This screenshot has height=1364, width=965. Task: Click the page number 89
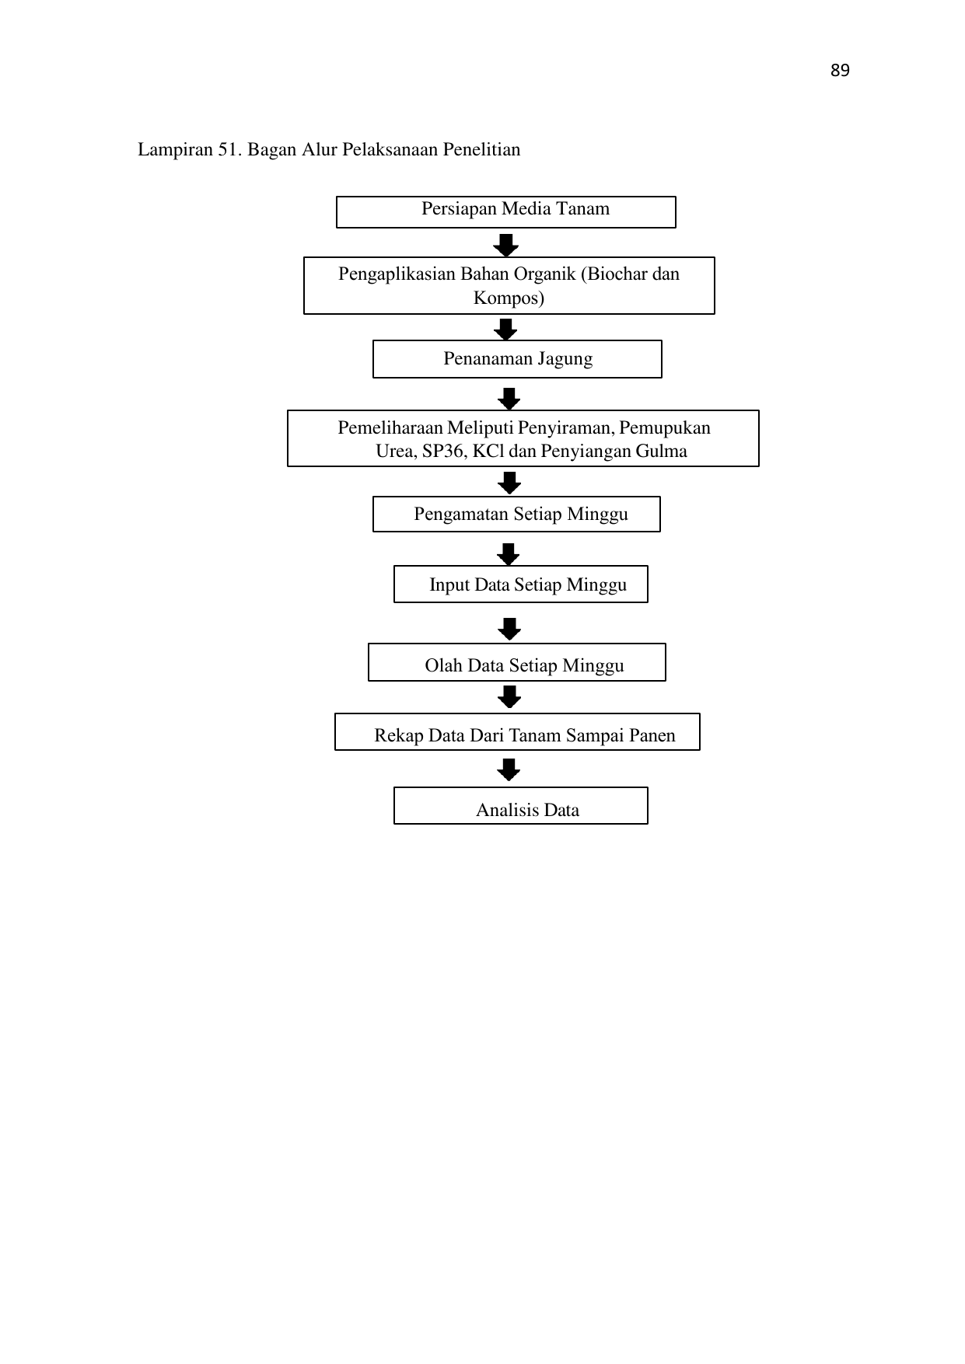(x=840, y=71)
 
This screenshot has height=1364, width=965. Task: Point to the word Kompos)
(x=509, y=298)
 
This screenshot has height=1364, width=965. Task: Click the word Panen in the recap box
(x=653, y=735)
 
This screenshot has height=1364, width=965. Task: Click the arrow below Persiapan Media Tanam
(x=506, y=246)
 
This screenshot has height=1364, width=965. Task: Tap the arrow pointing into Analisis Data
(x=509, y=770)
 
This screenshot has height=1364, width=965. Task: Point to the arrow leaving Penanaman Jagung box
(x=509, y=399)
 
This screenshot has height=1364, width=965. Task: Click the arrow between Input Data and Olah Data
(x=509, y=629)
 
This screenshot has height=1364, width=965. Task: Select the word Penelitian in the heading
(x=482, y=149)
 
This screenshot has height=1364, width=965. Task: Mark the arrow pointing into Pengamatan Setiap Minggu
(x=509, y=483)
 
